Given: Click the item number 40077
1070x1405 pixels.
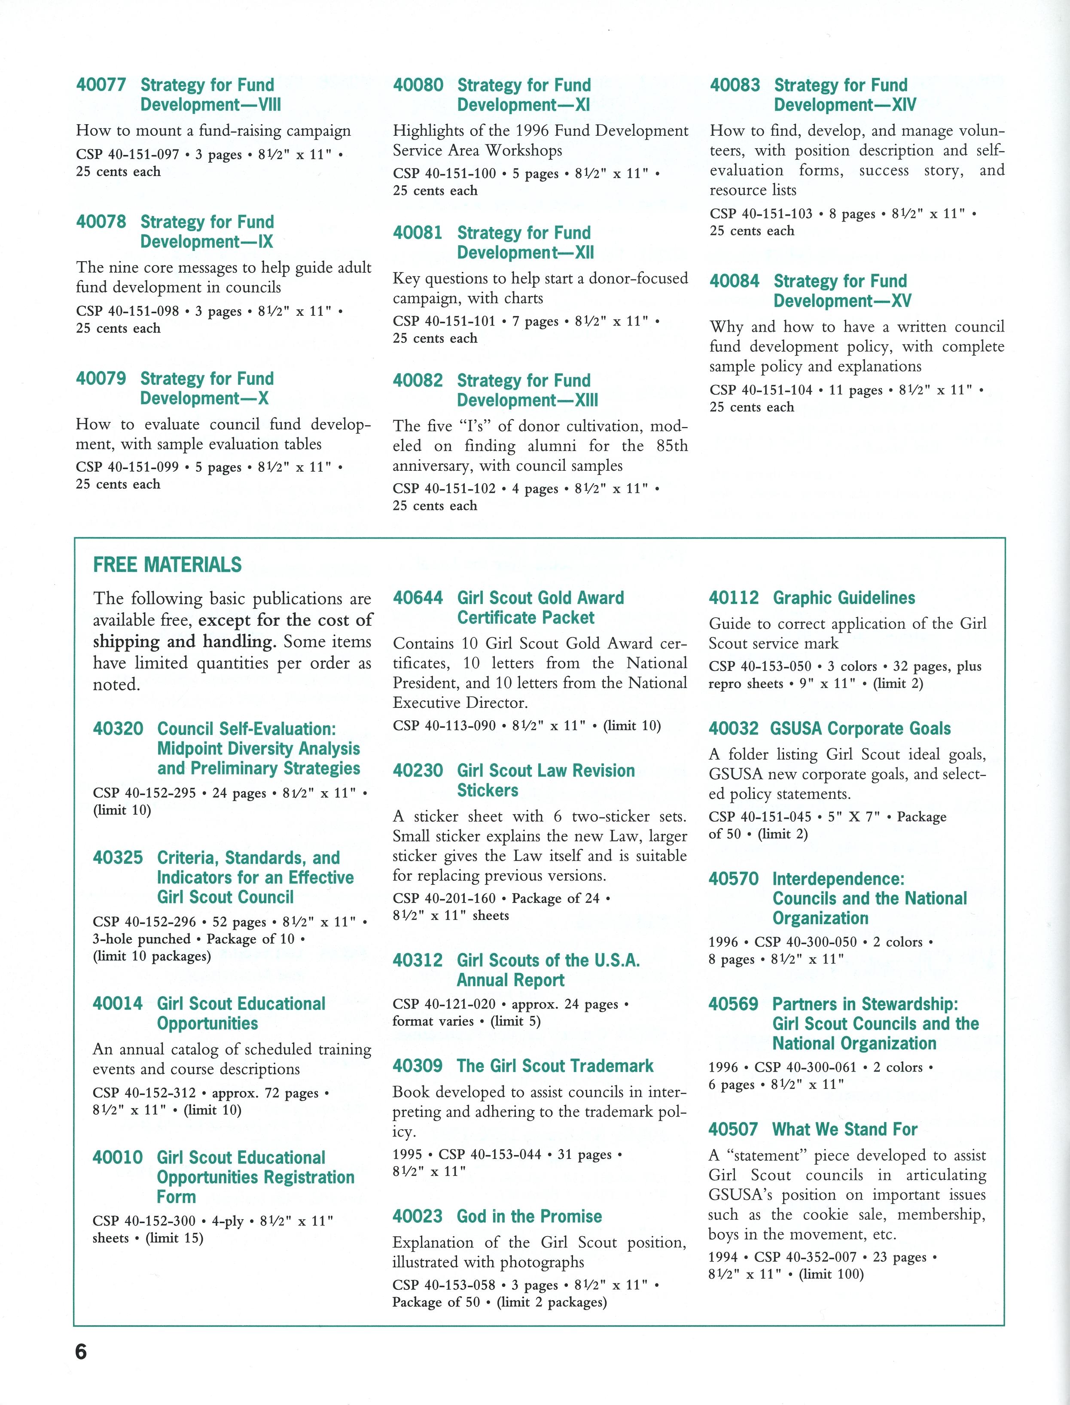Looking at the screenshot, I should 101,85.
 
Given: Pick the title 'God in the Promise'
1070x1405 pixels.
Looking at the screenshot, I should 529,1216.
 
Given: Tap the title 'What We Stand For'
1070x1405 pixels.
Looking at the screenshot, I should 844,1129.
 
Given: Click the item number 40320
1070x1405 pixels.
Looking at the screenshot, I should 118,728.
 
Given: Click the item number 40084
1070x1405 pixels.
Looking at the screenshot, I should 735,281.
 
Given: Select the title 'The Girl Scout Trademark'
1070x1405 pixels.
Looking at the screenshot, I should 555,1066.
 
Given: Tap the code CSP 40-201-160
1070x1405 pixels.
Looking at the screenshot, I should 444,898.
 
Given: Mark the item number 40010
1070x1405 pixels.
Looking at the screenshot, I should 117,1157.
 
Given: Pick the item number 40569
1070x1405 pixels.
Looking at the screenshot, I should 733,1004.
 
